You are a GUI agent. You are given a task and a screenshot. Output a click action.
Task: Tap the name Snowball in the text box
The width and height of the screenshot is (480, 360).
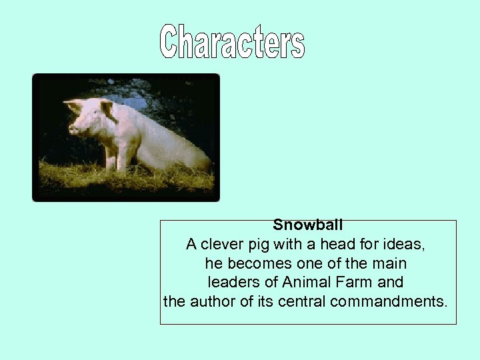pos(307,226)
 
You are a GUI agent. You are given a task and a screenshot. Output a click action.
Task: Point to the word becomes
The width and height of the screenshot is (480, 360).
pos(257,263)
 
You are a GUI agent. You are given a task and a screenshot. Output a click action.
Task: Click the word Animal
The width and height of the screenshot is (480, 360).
pos(310,282)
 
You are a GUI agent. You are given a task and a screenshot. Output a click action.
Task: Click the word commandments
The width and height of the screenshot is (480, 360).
pos(387,301)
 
